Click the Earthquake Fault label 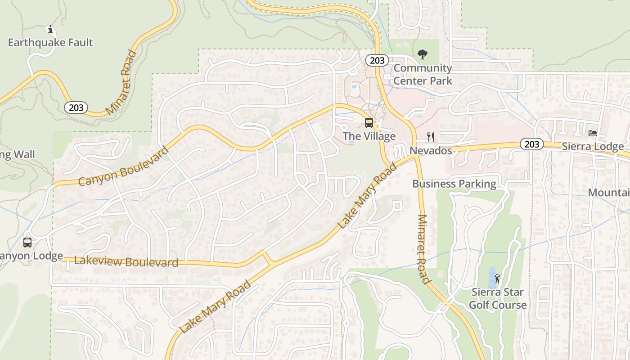pyautogui.click(x=50, y=43)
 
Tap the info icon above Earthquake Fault pyautogui.click(x=50, y=30)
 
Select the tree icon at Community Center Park pyautogui.click(x=422, y=54)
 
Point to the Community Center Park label pyautogui.click(x=423, y=75)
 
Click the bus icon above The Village pyautogui.click(x=369, y=122)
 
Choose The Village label pyautogui.click(x=369, y=136)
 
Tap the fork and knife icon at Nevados pyautogui.click(x=431, y=137)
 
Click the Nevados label pyautogui.click(x=431, y=150)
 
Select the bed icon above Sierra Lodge pyautogui.click(x=593, y=133)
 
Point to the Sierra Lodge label pyautogui.click(x=593, y=147)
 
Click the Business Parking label pyautogui.click(x=454, y=184)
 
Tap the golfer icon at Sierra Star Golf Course pyautogui.click(x=497, y=279)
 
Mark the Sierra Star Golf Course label pyautogui.click(x=497, y=298)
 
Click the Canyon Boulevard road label pyautogui.click(x=123, y=166)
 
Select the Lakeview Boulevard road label pyautogui.click(x=126, y=261)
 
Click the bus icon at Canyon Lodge pyautogui.click(x=27, y=243)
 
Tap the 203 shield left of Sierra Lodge pyautogui.click(x=531, y=144)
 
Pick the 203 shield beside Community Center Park pyautogui.click(x=376, y=60)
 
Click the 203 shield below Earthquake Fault pyautogui.click(x=76, y=108)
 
